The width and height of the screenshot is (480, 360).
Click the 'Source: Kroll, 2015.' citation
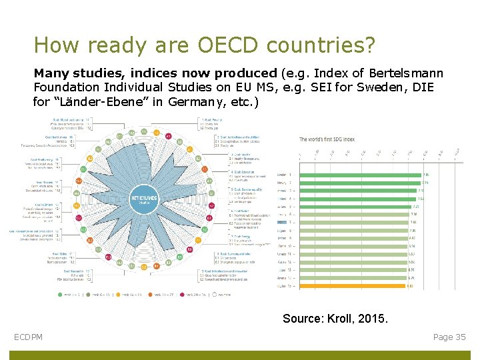coord(334,319)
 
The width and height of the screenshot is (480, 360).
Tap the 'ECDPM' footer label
coord(29,337)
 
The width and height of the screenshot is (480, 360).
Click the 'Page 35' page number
coord(449,337)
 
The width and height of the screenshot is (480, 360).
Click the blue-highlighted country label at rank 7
coord(282,222)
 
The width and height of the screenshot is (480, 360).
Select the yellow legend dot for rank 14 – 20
coord(119,294)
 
